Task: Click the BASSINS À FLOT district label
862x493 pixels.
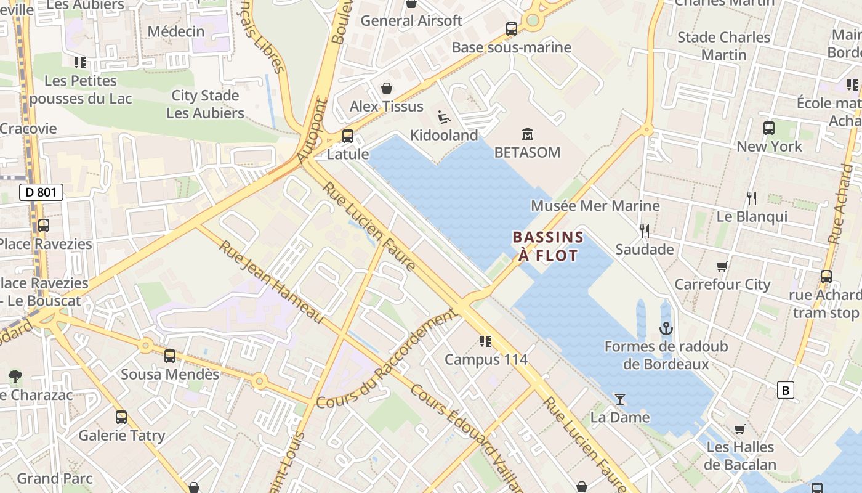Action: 548,246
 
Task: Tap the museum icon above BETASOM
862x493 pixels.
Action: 528,134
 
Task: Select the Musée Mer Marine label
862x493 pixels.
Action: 595,206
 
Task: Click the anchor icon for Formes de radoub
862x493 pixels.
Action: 666,328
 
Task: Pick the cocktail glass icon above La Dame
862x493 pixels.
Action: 620,399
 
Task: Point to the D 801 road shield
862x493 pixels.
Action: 41,192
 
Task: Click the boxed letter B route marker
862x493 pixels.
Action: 785,390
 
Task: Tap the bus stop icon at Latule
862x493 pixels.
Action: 348,136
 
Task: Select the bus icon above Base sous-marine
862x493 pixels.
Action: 512,29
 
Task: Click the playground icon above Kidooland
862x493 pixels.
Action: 443,116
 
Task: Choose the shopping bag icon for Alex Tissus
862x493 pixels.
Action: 387,89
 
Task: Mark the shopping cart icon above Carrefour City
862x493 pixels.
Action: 722,266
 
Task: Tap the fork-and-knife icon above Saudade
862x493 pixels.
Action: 645,231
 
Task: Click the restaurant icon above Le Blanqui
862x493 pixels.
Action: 752,198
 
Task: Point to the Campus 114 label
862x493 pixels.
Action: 486,359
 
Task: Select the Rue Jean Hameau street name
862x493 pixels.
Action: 271,282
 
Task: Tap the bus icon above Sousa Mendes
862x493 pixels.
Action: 170,356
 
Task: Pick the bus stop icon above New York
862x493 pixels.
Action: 769,128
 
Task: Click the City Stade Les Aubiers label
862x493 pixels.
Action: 205,104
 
